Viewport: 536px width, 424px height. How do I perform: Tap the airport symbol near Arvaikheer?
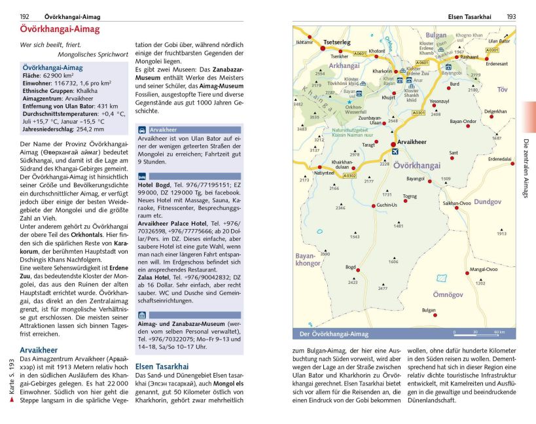(x=395, y=152)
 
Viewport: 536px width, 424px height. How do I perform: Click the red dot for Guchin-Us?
(x=374, y=205)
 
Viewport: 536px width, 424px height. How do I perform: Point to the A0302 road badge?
(x=349, y=175)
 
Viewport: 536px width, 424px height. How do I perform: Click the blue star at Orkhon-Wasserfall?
(x=349, y=101)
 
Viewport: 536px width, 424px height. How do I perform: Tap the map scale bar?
(x=482, y=333)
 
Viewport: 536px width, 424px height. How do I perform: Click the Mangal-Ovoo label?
(x=484, y=269)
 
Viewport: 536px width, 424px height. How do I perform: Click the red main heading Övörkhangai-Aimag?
(x=60, y=30)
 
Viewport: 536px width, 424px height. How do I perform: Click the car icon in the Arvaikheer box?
(x=142, y=130)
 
